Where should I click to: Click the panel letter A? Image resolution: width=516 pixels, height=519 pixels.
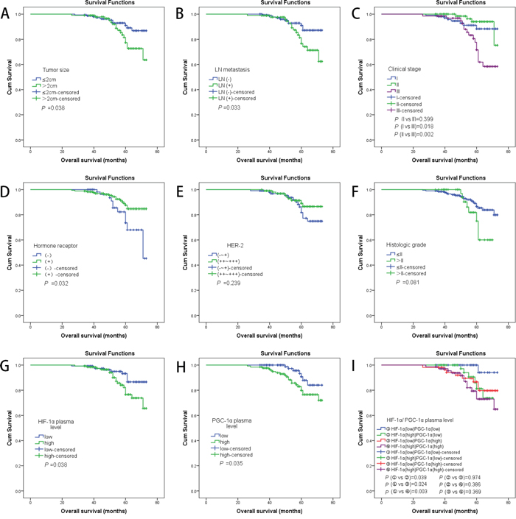pos(7,13)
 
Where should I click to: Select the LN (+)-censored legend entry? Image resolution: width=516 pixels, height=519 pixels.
pos(240,97)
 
